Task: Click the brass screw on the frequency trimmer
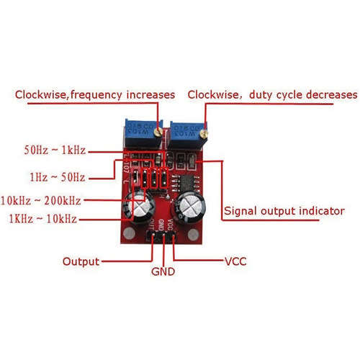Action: click(158, 132)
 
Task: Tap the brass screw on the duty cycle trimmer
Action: click(204, 134)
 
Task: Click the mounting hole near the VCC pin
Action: click(193, 235)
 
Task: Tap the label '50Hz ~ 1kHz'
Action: click(55, 150)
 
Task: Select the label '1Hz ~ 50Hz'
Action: click(58, 177)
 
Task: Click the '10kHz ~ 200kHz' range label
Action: click(41, 201)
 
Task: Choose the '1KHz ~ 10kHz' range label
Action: click(43, 219)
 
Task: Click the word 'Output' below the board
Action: click(81, 261)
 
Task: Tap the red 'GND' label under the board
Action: click(163, 271)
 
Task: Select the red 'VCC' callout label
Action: click(235, 261)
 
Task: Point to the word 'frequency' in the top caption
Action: click(96, 95)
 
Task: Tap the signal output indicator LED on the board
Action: click(192, 161)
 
